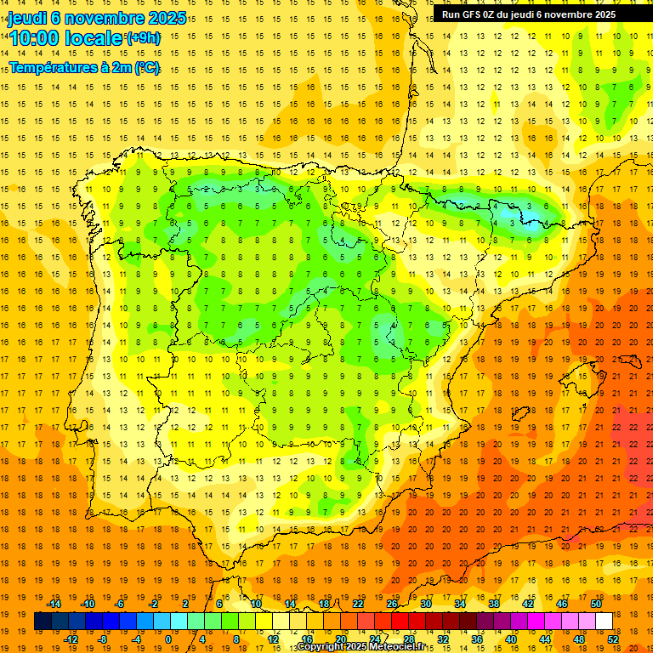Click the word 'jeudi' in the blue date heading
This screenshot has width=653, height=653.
point(27,18)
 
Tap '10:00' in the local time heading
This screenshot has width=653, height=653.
point(35,38)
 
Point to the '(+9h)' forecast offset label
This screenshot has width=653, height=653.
point(142,37)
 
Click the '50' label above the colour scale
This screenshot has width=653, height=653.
point(595,603)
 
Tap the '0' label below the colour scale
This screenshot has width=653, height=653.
point(168,639)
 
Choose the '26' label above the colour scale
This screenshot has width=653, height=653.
point(392,603)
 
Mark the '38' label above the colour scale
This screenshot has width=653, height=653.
point(493,603)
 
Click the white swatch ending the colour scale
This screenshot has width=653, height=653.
point(604,622)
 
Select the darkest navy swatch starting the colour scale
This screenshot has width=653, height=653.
point(43,622)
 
